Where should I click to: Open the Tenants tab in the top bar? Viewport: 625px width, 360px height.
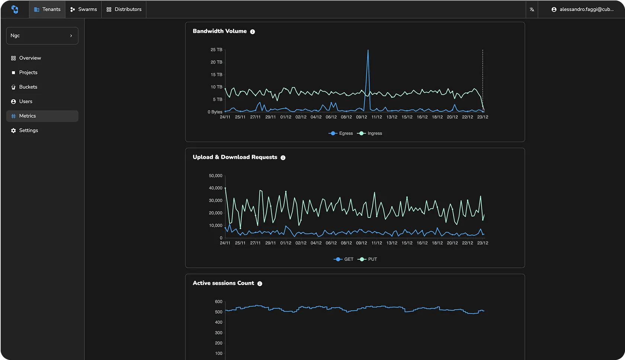click(47, 9)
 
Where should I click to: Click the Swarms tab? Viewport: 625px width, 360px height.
click(84, 9)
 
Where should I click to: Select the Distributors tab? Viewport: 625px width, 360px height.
click(124, 9)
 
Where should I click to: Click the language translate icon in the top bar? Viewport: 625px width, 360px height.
click(532, 10)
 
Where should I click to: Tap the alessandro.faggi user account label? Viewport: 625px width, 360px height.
click(583, 9)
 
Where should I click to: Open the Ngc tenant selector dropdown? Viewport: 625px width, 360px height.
click(42, 36)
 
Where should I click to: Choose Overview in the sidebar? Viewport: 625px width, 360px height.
click(30, 58)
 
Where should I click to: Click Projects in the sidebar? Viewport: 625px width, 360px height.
click(28, 73)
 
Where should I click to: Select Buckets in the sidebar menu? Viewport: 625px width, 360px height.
click(28, 87)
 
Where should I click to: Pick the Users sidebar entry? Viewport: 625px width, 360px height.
click(26, 102)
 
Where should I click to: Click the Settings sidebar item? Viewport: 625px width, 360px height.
click(28, 131)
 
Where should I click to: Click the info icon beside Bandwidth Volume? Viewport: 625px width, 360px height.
click(253, 32)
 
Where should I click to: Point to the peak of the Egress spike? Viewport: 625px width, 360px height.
click(368, 50)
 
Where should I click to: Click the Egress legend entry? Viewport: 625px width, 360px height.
click(341, 134)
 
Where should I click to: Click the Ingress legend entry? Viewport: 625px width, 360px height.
click(370, 134)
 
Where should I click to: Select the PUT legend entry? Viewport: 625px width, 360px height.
click(368, 259)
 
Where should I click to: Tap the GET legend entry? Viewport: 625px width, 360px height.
click(344, 259)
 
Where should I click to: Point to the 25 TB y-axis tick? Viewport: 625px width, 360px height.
click(216, 50)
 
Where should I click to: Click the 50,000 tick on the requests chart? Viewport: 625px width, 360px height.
click(215, 176)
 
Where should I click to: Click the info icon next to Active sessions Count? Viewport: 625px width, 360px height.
click(260, 284)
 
